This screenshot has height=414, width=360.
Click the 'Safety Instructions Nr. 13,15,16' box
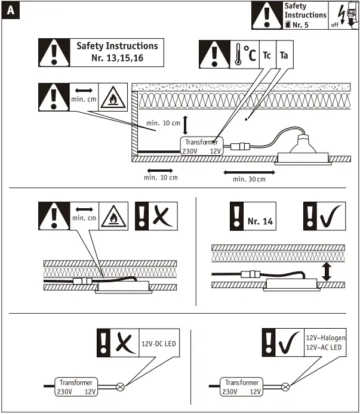click(x=117, y=52)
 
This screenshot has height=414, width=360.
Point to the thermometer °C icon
click(x=244, y=55)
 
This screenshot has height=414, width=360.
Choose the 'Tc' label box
click(x=267, y=55)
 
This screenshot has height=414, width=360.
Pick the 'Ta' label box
click(x=284, y=55)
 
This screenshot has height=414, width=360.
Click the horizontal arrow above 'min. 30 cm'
click(x=249, y=172)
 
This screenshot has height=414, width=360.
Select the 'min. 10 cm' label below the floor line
click(x=161, y=178)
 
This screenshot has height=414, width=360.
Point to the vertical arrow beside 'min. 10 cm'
click(x=186, y=125)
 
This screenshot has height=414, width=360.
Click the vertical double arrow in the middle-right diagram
click(x=327, y=272)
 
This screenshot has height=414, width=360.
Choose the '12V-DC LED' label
click(x=159, y=344)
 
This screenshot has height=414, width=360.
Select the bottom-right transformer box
click(x=241, y=387)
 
